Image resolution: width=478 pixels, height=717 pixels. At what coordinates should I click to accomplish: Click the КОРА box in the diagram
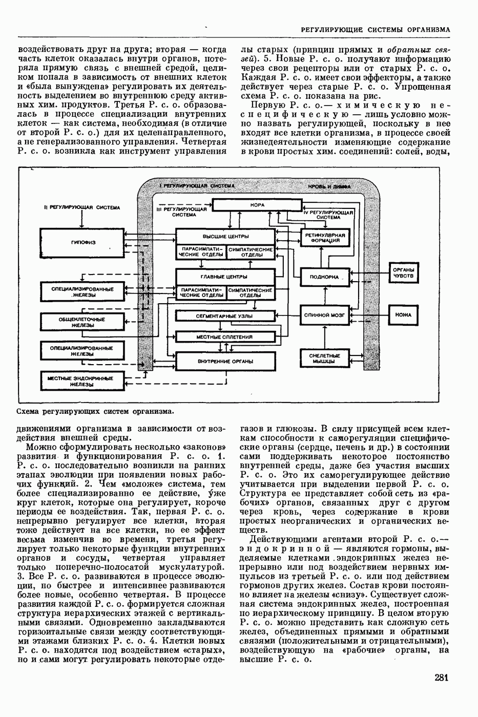click(x=257, y=205)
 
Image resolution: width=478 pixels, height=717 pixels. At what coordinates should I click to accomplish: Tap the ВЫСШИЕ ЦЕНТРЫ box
click(x=225, y=236)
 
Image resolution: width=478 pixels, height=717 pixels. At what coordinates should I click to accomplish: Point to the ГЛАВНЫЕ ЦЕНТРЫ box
click(x=225, y=277)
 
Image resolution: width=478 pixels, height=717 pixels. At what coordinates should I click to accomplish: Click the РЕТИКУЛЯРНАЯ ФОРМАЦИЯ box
click(x=325, y=237)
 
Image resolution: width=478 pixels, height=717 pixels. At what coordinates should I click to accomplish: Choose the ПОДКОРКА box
click(x=325, y=277)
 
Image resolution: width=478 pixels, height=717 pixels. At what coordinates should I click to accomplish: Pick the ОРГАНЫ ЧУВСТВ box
click(x=404, y=274)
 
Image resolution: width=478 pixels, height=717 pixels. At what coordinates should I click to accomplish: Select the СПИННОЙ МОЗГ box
click(x=325, y=315)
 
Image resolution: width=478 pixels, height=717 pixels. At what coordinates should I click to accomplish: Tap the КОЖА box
click(x=404, y=315)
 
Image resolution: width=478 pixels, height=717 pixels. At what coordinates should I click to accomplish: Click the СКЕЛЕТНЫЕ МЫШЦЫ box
click(x=325, y=358)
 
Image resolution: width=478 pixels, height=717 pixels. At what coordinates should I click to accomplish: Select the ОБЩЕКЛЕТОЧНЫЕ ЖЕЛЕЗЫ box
click(x=81, y=322)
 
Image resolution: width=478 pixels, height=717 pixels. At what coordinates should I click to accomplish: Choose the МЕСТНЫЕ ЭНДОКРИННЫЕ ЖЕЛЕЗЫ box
click(x=81, y=382)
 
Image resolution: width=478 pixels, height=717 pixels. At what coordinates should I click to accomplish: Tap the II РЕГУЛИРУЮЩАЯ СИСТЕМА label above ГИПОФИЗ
click(x=82, y=208)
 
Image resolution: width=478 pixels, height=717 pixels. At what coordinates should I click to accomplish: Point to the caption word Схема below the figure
click(x=29, y=411)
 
